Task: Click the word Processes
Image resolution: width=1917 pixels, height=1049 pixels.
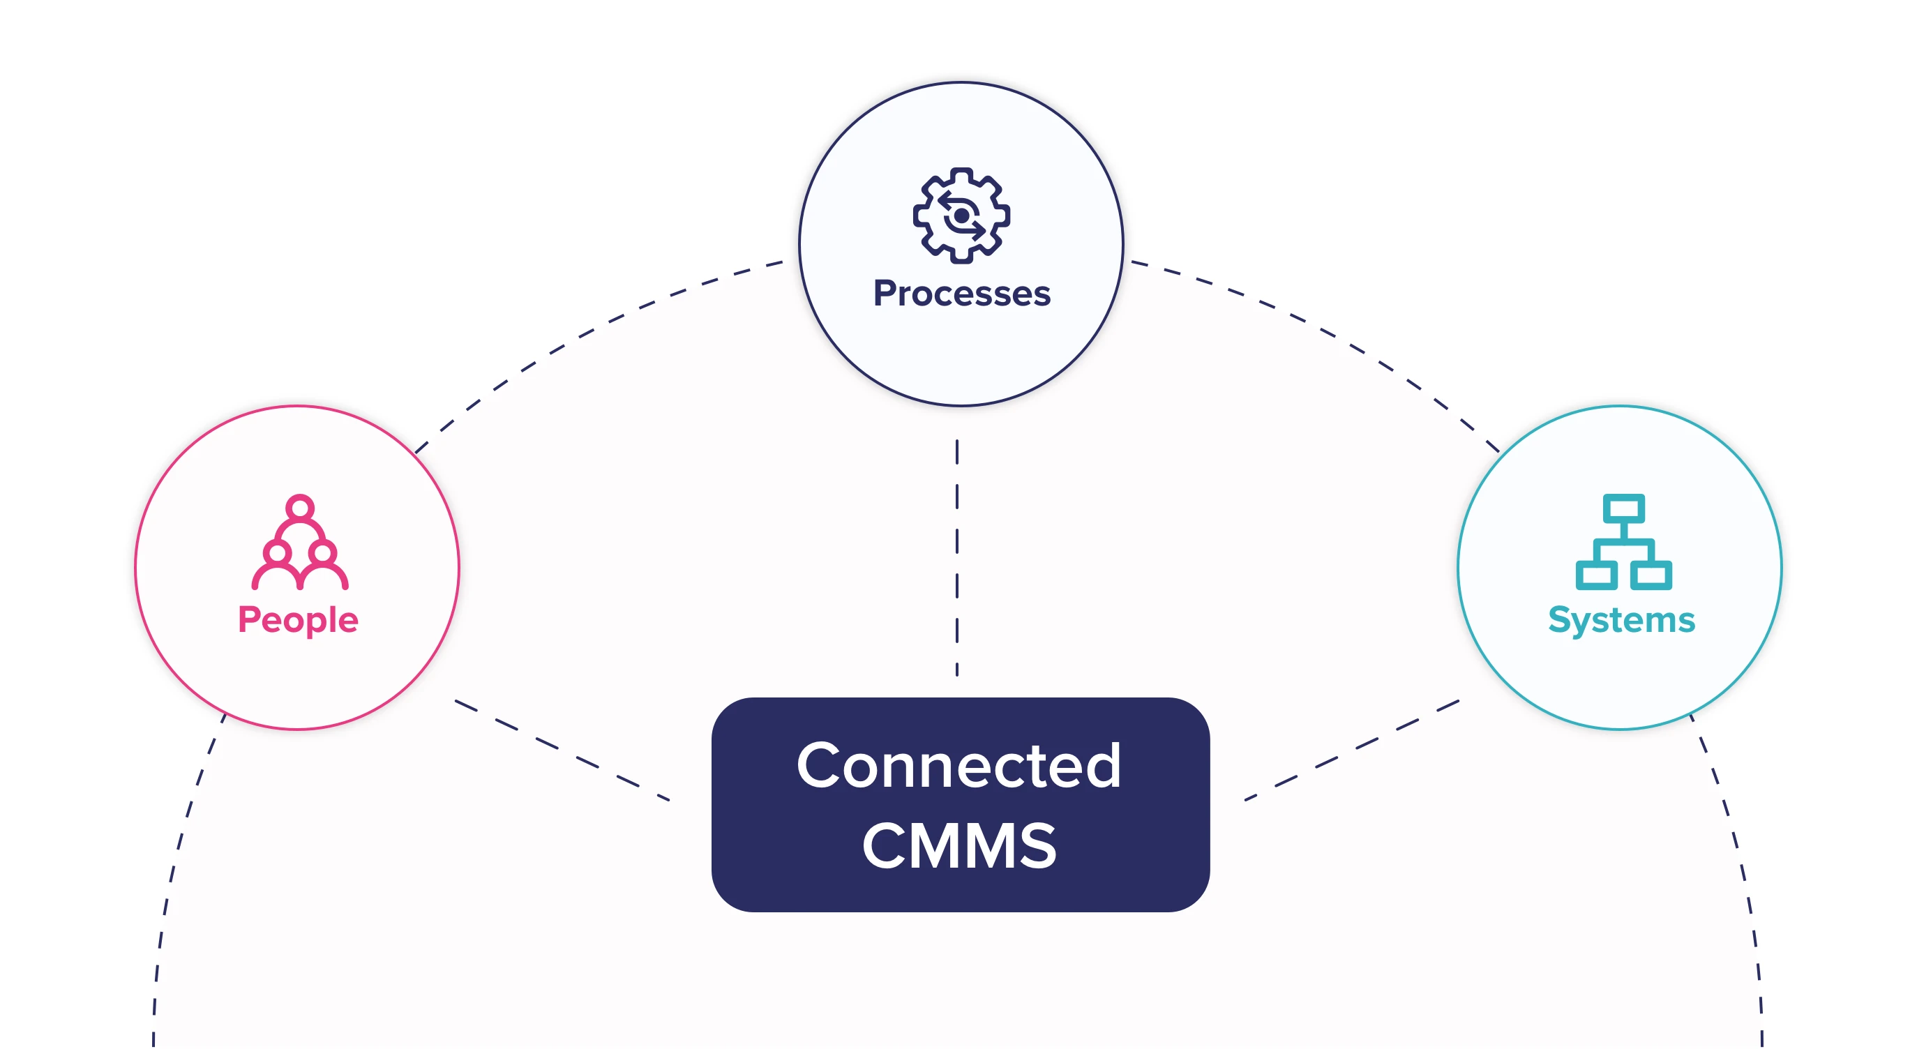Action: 961,294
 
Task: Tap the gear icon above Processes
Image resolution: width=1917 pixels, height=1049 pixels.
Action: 961,215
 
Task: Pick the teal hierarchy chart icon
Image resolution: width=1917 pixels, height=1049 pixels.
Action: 1623,543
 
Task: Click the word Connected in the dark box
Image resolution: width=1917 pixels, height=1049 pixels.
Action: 958,766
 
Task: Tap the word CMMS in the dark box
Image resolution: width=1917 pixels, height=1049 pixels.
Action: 958,846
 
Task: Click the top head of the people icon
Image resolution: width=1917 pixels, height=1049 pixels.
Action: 300,508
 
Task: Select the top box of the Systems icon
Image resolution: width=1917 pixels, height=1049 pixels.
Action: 1623,510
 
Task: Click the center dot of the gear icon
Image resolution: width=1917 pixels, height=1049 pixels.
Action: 961,216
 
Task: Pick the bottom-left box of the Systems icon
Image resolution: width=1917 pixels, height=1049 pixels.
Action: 1596,575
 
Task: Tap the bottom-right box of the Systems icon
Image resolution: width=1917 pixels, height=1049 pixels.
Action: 1651,575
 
